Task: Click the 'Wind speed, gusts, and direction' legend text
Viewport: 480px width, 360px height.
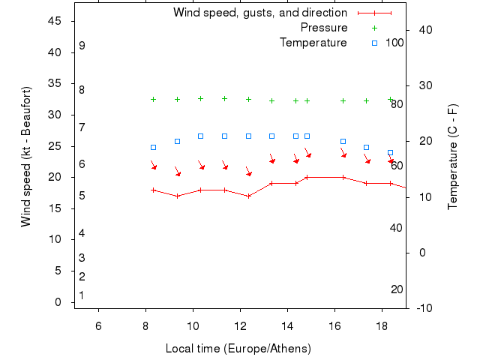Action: (259, 13)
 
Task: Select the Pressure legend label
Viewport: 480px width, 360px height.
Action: (323, 28)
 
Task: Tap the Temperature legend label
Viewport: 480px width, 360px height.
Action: (313, 43)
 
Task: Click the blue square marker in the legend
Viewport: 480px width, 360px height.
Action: (374, 43)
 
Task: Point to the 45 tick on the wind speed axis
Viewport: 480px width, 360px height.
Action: (54, 21)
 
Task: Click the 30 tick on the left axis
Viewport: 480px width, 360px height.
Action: (54, 115)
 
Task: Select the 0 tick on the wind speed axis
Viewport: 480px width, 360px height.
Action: (58, 302)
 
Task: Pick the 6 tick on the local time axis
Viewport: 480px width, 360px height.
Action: (98, 325)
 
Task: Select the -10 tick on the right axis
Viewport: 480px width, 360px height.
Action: (424, 308)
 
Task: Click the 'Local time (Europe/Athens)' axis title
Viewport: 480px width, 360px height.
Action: (238, 349)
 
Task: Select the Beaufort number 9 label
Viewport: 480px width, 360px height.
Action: (82, 46)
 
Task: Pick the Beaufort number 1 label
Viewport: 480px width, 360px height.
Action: (82, 295)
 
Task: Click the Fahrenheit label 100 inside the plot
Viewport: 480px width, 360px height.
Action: (394, 43)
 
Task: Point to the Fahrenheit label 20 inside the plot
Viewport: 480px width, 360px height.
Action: (397, 289)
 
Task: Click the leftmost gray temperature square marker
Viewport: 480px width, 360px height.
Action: (153, 148)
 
